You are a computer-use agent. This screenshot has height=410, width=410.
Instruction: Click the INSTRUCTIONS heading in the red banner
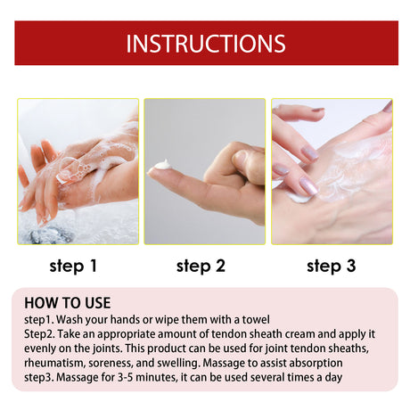coord(205,44)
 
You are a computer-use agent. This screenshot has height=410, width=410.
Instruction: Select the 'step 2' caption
coord(205,265)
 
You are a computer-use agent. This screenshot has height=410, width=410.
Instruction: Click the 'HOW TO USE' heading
coord(68,302)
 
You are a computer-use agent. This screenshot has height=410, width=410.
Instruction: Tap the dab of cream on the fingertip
coord(161,165)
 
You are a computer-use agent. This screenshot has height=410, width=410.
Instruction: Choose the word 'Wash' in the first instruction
coord(73,320)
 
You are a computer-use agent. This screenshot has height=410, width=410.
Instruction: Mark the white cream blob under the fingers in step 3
coord(300,195)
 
